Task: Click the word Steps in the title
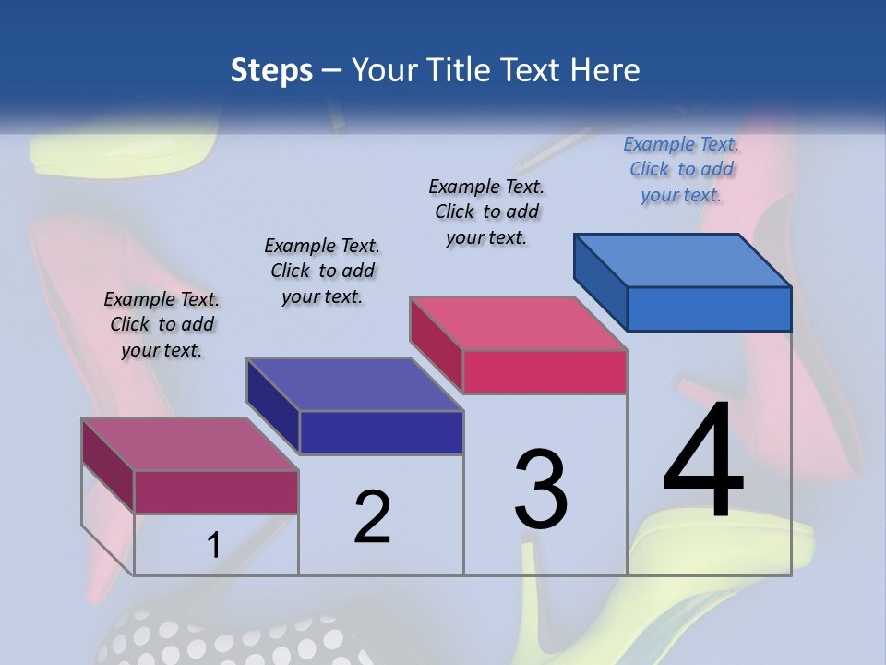(x=271, y=70)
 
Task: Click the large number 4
(x=703, y=461)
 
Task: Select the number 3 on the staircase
(x=541, y=489)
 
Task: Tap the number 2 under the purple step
(x=372, y=517)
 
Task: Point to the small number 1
(x=213, y=546)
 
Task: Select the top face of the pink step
(x=519, y=323)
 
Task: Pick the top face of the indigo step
(x=354, y=384)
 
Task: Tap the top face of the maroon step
(x=190, y=444)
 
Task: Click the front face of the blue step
(x=709, y=308)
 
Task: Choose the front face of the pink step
(x=545, y=371)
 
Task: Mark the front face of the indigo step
(x=381, y=432)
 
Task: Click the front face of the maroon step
(x=217, y=492)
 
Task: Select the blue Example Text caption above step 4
(x=681, y=170)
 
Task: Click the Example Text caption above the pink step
(x=486, y=212)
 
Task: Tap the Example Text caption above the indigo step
(x=322, y=271)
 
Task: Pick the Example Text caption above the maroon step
(x=162, y=324)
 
